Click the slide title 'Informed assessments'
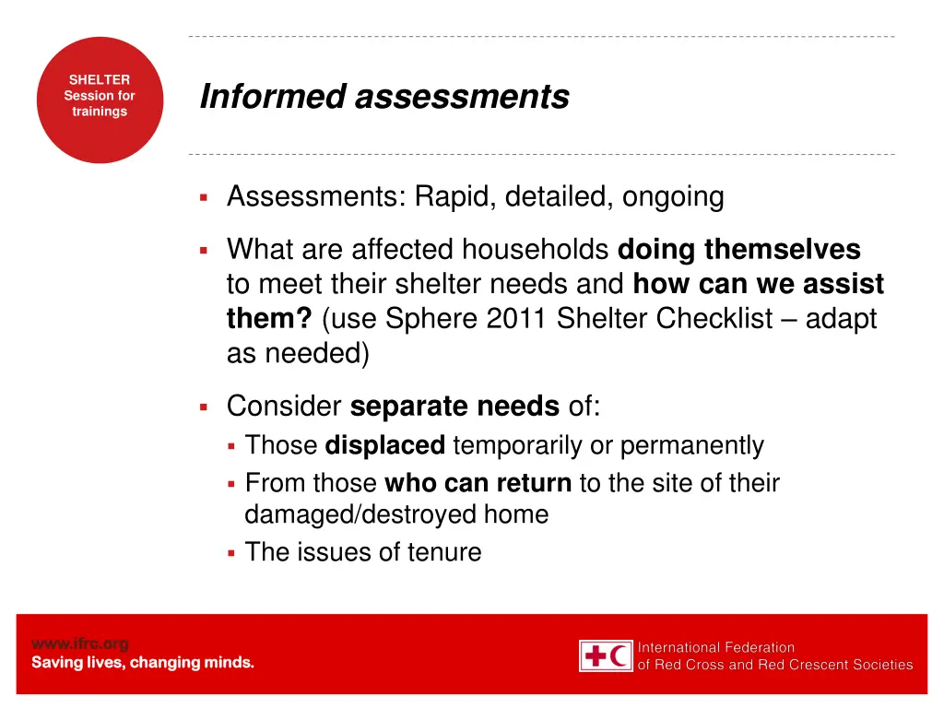[x=384, y=96]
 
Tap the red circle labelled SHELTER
[x=100, y=100]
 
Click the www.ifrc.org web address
[x=80, y=643]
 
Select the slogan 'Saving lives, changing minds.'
[x=143, y=663]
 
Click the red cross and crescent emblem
[x=606, y=655]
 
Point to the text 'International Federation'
[x=716, y=647]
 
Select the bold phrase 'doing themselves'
[x=738, y=249]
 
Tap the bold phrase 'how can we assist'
[x=758, y=284]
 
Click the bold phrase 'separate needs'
[x=454, y=406]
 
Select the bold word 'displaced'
[x=385, y=445]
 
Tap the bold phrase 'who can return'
[x=478, y=482]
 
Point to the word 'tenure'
[x=445, y=552]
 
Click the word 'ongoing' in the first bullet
[x=673, y=196]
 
